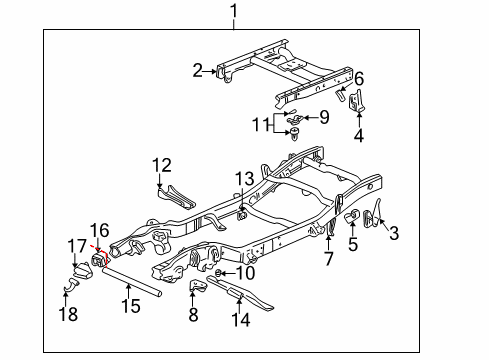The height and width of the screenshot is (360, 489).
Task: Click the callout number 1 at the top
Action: pos(233,13)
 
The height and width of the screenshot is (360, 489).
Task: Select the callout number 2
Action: pos(198,70)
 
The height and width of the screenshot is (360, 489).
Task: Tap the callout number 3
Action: pos(393,234)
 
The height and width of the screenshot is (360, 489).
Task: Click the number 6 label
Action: pos(359,79)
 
